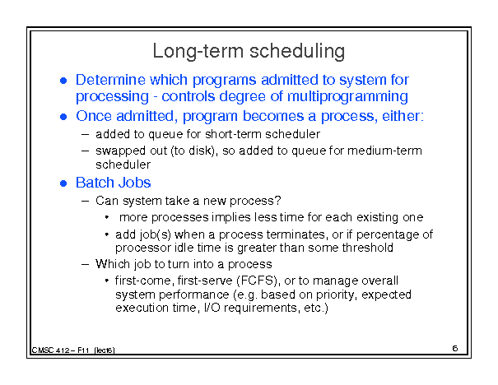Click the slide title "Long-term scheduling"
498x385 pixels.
[x=249, y=52]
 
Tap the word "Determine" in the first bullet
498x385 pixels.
[x=110, y=80]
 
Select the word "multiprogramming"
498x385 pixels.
[x=347, y=97]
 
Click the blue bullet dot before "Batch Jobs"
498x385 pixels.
[x=63, y=183]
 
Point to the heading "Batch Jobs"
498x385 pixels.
[x=113, y=183]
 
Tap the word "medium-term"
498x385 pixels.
[x=384, y=151]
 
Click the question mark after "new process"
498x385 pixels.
[x=278, y=200]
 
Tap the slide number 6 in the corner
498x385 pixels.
[x=455, y=349]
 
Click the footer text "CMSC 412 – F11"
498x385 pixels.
[x=60, y=350]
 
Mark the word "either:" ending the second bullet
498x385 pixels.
[x=403, y=116]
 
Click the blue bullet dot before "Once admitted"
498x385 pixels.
[x=63, y=117]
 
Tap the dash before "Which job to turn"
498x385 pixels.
[x=85, y=264]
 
